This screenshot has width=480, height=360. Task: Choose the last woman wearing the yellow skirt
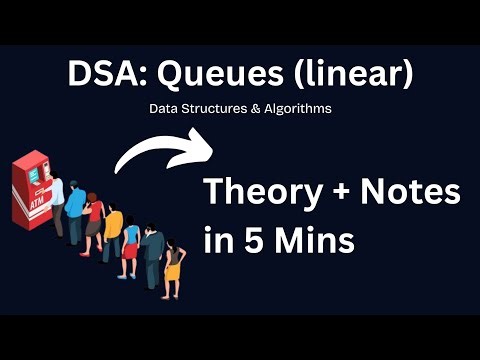[x=174, y=262]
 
